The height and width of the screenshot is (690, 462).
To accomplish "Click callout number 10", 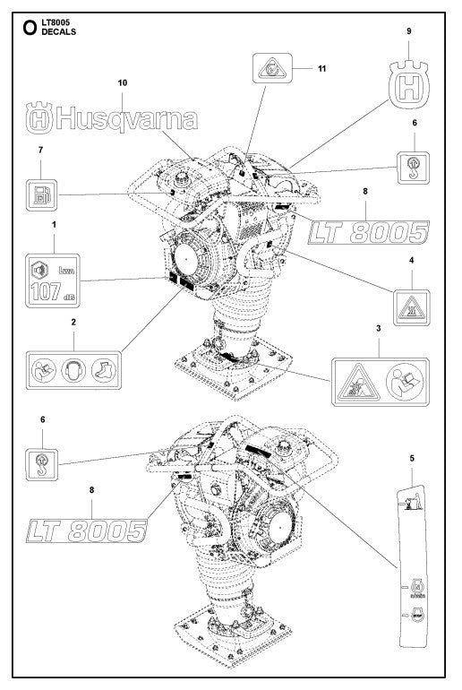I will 123,82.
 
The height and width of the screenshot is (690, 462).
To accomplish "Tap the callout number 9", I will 409,30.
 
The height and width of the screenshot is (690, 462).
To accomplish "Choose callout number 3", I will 380,329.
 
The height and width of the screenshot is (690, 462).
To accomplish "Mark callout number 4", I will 412,261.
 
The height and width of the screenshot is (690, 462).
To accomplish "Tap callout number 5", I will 411,460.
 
